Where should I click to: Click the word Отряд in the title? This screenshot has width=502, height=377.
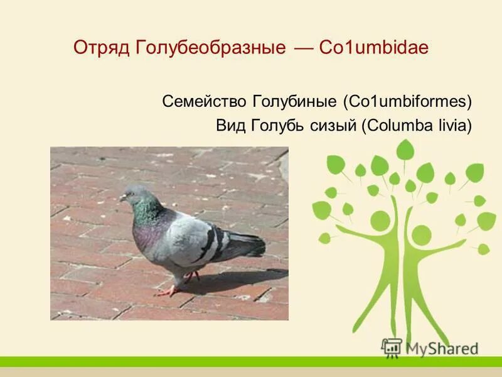pos(101,48)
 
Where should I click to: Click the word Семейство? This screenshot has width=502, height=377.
pos(205,101)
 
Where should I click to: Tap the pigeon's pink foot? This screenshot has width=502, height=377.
pos(168,292)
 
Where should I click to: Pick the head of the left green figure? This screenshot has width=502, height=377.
pos(380,221)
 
